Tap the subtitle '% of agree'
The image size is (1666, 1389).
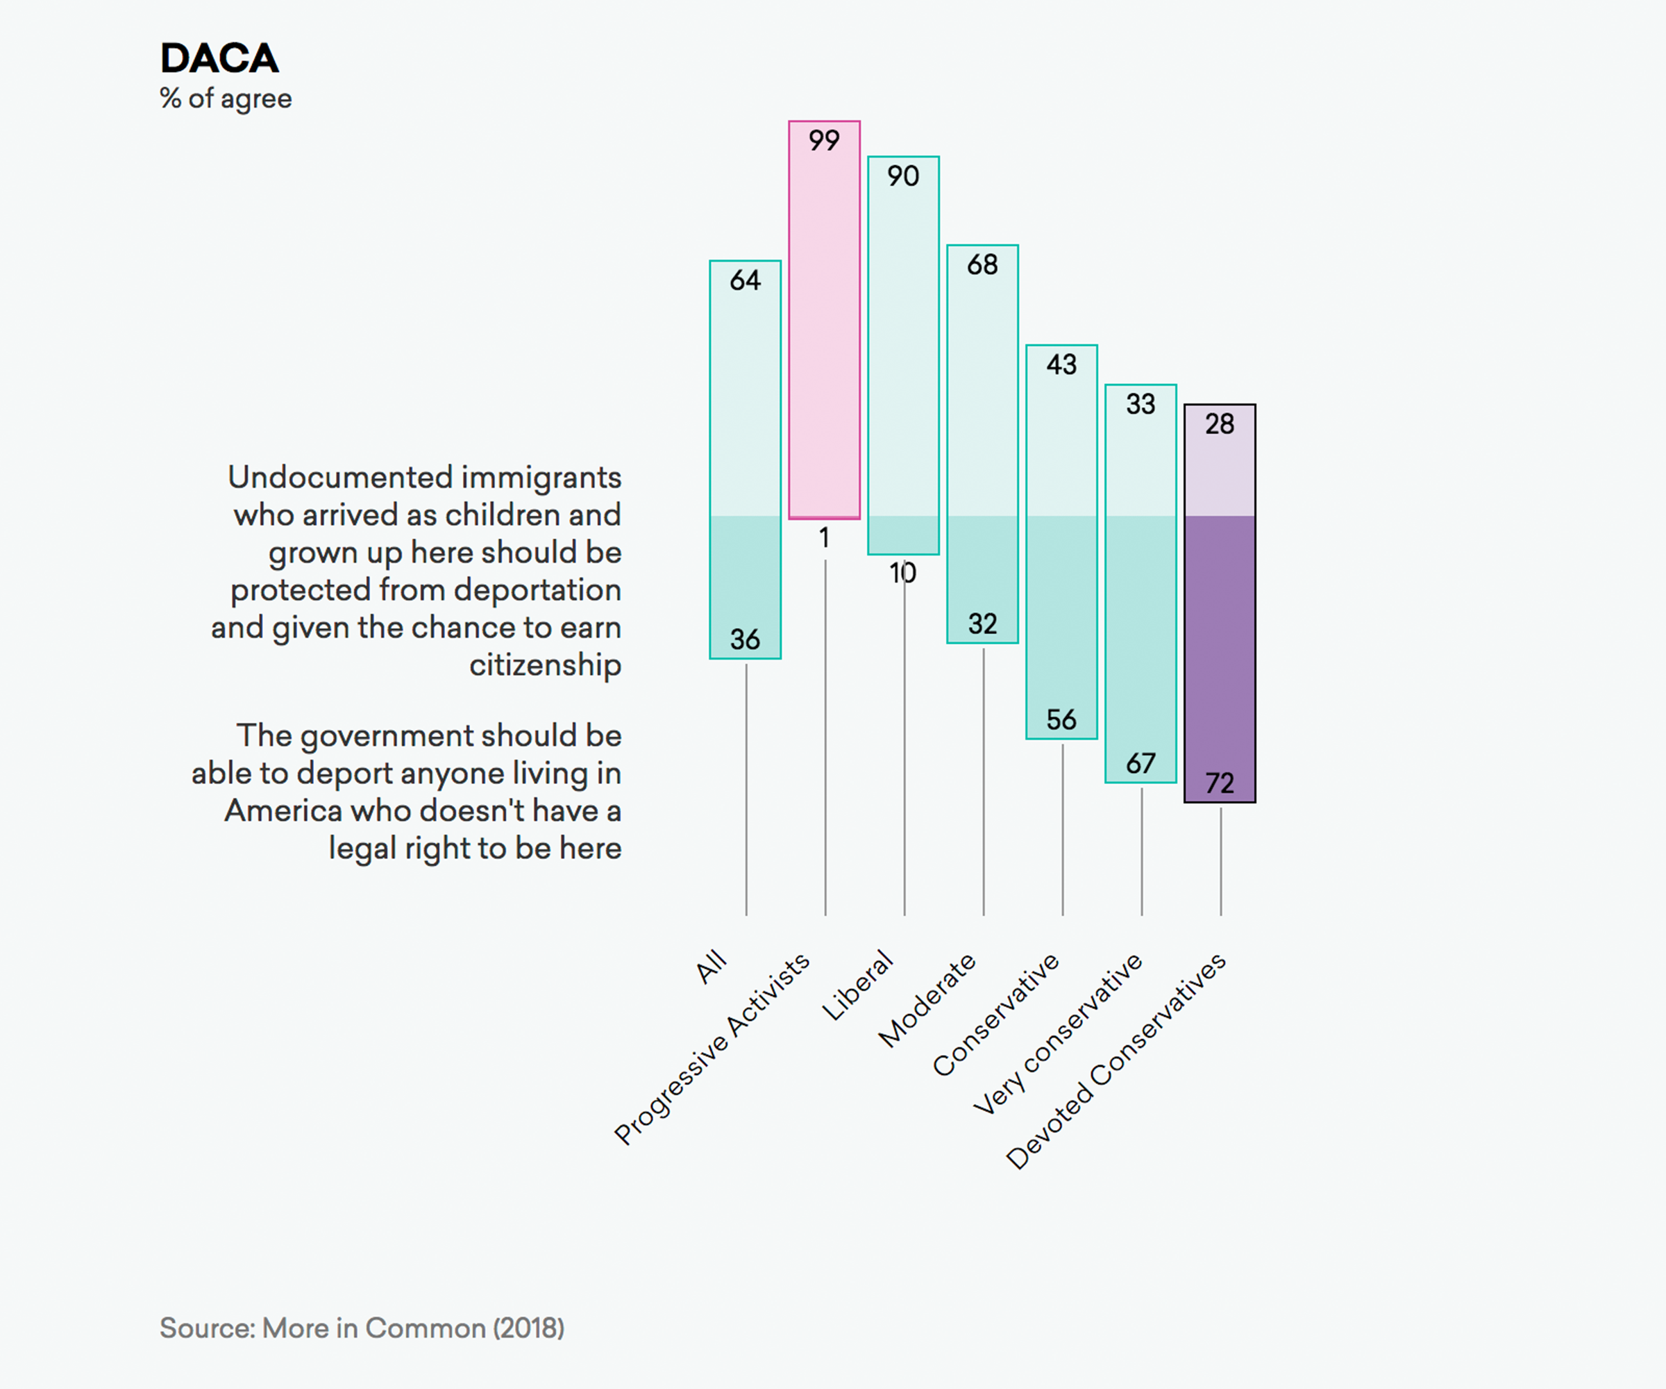[226, 99]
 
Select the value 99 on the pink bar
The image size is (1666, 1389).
[823, 140]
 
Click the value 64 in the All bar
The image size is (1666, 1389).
[745, 280]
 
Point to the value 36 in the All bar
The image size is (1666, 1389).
[745, 639]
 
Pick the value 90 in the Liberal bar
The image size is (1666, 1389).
[903, 176]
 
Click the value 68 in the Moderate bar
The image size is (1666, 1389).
[982, 265]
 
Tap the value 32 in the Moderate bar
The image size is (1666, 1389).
[982, 624]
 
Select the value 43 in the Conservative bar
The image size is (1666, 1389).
[1061, 365]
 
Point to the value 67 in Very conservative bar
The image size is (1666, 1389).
[1141, 763]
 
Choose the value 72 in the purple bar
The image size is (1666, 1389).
[1220, 783]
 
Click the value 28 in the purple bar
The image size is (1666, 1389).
[1220, 424]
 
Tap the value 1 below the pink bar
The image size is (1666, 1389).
[824, 538]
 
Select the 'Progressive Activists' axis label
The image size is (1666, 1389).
[712, 1049]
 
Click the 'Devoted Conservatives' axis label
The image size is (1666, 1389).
[1116, 1061]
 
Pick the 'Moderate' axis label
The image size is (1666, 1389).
[927, 1000]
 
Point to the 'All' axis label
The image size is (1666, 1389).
[711, 966]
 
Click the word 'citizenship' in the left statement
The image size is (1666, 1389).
[545, 665]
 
